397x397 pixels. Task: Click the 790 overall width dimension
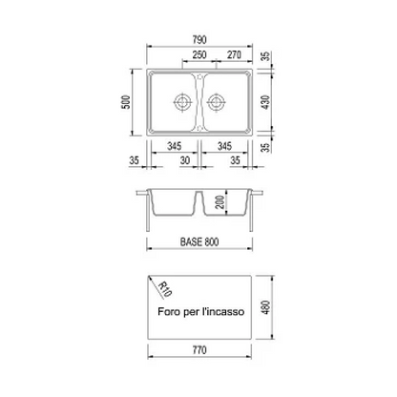pos(199,39)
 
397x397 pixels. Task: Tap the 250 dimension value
pos(199,54)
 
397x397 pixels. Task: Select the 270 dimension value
pos(234,54)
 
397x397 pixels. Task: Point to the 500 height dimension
pos(126,102)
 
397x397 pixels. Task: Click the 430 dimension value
pos(265,102)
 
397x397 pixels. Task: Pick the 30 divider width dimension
pos(185,160)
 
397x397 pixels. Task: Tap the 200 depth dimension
pos(219,202)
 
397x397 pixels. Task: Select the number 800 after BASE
pos(212,242)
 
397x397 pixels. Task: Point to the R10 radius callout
pos(165,289)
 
